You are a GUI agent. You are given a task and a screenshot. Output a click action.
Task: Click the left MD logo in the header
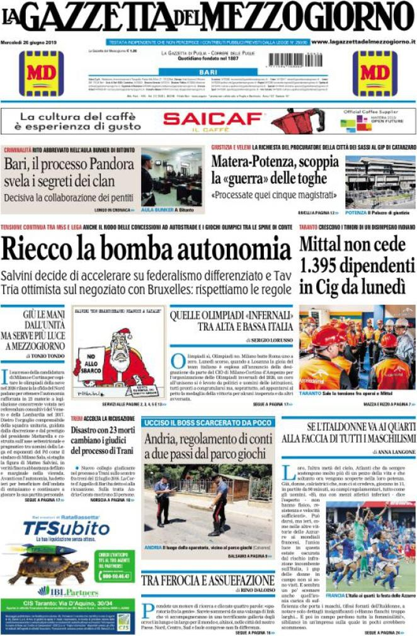pos(41,73)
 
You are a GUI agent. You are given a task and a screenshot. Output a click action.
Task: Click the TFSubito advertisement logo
pos(51,530)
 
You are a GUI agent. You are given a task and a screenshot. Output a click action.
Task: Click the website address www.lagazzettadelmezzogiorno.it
pos(363,42)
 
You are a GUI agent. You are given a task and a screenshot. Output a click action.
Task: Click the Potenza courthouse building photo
pos(380,181)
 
